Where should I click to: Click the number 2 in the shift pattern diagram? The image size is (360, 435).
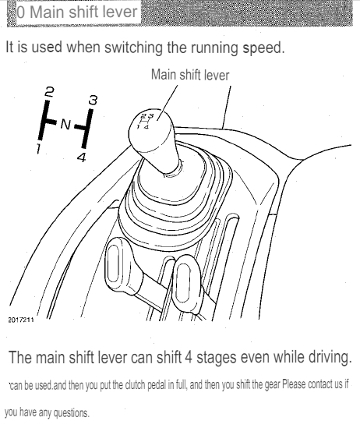(x=49, y=91)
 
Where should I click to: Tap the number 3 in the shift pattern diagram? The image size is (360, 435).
(x=94, y=100)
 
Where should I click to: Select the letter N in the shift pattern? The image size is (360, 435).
(x=65, y=124)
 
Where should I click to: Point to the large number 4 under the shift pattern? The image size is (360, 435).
(x=82, y=157)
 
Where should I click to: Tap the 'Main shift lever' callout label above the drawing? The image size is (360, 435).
(x=190, y=75)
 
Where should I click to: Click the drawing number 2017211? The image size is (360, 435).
(x=21, y=320)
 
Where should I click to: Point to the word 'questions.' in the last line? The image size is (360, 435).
(x=71, y=413)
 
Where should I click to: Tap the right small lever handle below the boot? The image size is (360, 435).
(x=186, y=283)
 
